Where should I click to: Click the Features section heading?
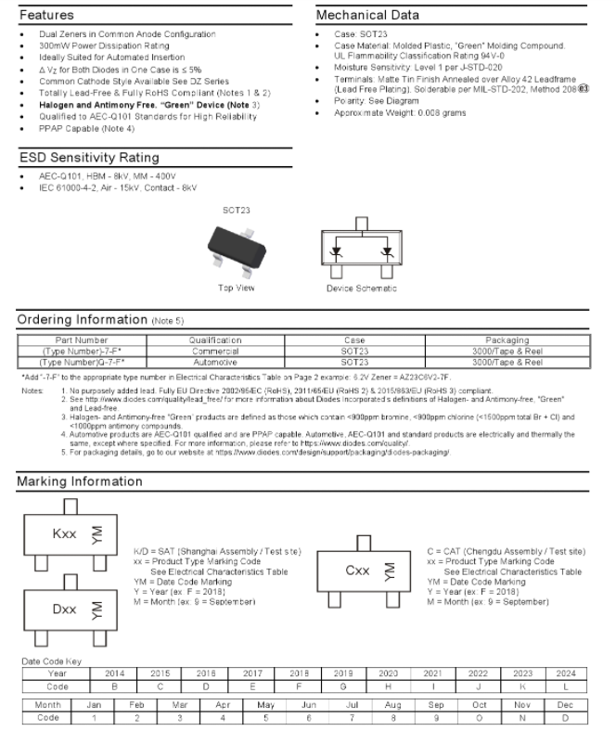47,16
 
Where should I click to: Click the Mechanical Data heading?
367,16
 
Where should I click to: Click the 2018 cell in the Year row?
300,672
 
